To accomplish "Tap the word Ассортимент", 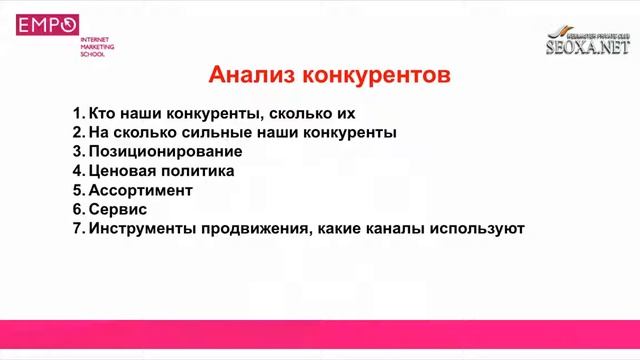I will (140, 190).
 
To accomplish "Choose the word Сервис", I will (118, 209).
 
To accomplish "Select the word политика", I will (199, 171).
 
